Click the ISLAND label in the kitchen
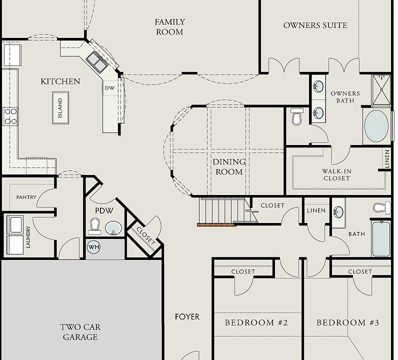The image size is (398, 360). pos(60,108)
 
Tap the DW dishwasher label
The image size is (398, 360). pos(110,88)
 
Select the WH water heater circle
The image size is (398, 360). pos(93,247)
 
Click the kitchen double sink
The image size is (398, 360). pos(97,62)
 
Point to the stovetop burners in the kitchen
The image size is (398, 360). pos(10,116)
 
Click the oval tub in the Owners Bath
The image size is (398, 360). pos(376,126)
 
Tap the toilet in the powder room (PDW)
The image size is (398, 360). pos(94,226)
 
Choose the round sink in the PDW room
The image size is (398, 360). pos(113,228)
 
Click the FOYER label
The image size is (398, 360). pos(187,317)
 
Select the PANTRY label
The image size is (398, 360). pos(26,197)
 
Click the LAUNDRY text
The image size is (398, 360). pos(28,237)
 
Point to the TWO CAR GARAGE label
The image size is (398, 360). pos(80,332)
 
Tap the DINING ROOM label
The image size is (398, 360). pos(229,167)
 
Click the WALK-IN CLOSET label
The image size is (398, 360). pos(337,175)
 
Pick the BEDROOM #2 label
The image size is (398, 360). pos(256,322)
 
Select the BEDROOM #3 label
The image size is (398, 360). pos(347,322)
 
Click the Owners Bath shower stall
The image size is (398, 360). pos(381,90)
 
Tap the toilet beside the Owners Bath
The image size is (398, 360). pos(296,116)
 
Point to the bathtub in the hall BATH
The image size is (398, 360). pos(380,238)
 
